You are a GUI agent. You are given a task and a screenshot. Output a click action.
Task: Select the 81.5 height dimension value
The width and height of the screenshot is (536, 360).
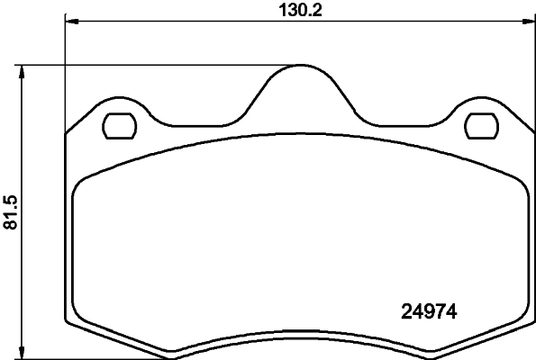[x=12, y=211]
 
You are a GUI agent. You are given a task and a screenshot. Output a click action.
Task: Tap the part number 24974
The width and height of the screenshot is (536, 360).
[x=429, y=313]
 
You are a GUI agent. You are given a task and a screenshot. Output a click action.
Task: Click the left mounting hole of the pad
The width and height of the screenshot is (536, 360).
[x=118, y=127]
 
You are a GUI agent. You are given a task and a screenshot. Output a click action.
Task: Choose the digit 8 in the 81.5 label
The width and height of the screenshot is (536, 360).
[x=12, y=225]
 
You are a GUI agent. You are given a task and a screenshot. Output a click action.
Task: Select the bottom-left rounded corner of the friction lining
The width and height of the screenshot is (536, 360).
[x=78, y=317]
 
